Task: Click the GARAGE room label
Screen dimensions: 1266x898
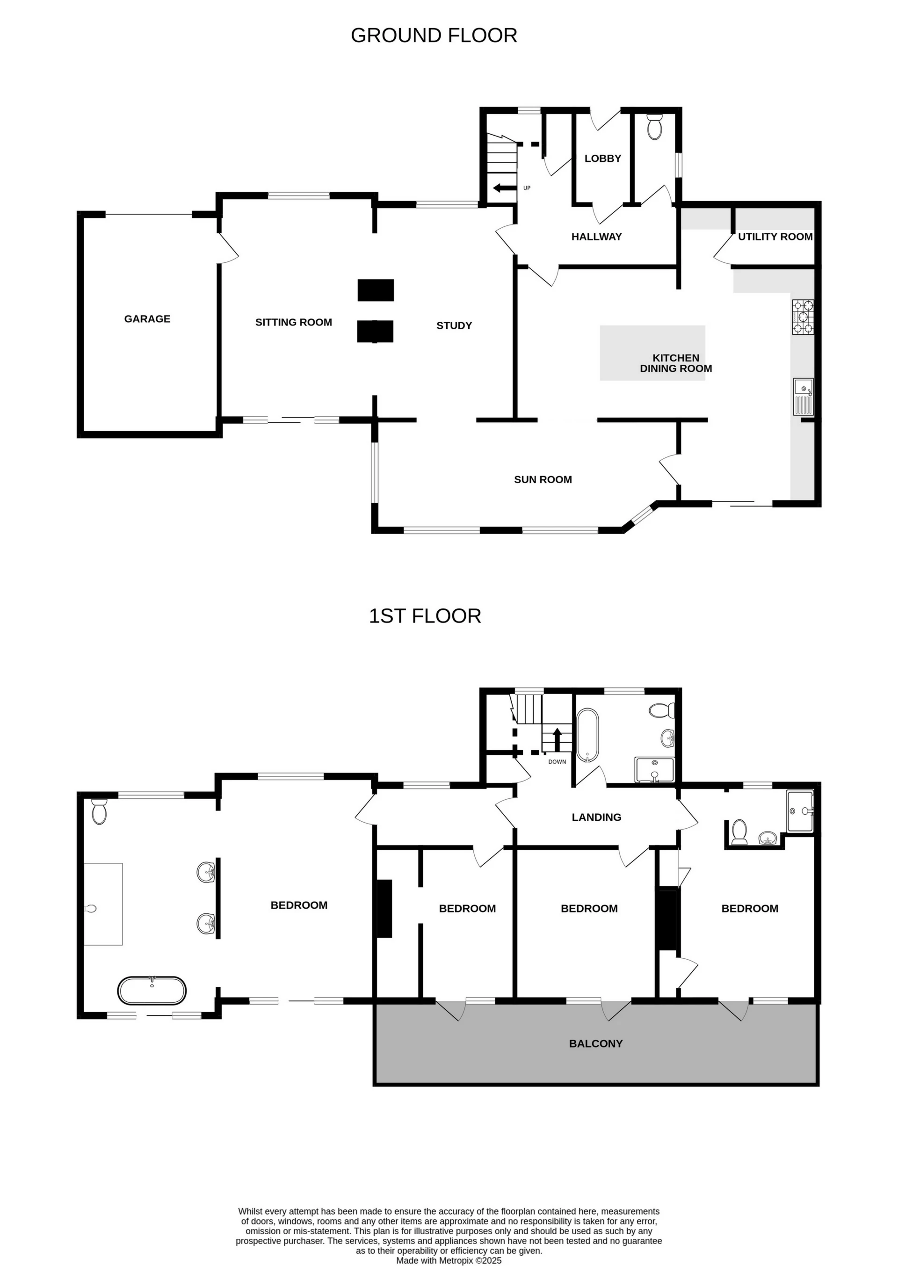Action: [147, 319]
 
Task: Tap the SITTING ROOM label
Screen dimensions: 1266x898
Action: [294, 322]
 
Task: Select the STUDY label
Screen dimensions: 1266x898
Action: [454, 326]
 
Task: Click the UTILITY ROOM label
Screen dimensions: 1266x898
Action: [775, 237]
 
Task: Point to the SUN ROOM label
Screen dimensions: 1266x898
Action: [543, 480]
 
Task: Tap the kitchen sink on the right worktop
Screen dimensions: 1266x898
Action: [803, 397]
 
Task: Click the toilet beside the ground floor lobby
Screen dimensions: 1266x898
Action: [655, 128]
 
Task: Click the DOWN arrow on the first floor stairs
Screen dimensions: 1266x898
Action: [558, 738]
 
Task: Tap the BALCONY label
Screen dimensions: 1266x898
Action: [595, 1044]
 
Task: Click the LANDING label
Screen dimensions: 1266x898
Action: [596, 817]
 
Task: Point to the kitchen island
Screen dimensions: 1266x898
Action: [652, 353]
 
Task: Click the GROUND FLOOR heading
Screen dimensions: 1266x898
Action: [434, 36]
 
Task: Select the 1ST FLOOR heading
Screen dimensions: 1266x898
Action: [425, 616]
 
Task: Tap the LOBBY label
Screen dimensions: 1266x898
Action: [603, 159]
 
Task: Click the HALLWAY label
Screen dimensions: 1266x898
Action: [596, 237]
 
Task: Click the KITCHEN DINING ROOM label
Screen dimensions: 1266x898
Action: [676, 363]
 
